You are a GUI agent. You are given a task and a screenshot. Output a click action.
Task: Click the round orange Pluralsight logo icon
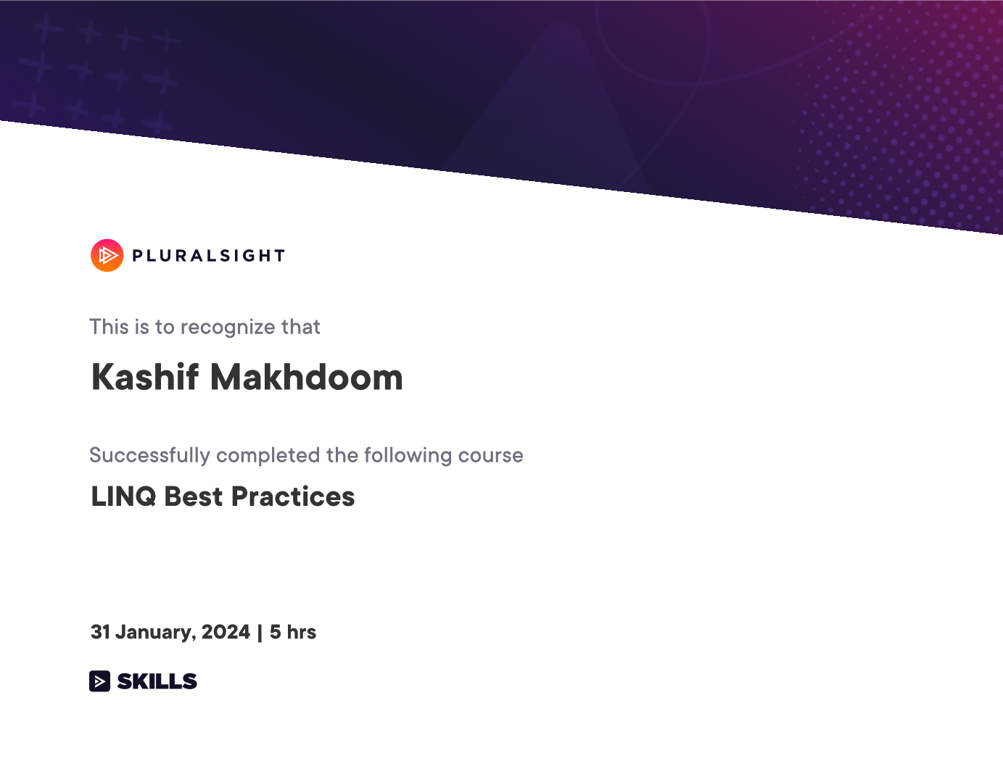coord(107,255)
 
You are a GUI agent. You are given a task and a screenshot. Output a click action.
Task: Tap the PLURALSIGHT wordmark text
coord(209,256)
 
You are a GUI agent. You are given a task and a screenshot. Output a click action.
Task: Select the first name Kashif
coord(145,377)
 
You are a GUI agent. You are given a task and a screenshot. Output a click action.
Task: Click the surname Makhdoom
coord(307,377)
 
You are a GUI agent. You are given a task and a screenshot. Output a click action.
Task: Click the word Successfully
coord(149,456)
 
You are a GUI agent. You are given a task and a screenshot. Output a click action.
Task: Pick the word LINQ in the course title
coord(123,496)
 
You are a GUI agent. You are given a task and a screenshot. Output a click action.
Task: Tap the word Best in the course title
coord(194,496)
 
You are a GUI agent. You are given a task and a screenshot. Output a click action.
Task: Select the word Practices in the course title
coord(293,496)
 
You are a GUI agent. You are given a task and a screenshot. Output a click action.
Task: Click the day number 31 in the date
coord(99,632)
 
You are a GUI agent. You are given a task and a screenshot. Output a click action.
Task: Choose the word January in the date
coord(156,633)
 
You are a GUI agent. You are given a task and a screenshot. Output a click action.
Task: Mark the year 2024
coord(226,632)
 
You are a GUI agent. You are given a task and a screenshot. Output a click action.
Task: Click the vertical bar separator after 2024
coord(260,633)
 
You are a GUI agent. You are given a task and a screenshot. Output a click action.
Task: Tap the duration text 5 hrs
coord(293,632)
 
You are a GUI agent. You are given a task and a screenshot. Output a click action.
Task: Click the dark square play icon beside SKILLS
coord(99,681)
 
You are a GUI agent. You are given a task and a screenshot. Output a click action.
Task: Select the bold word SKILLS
coord(157,681)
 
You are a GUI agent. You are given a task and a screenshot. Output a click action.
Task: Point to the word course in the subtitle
coord(491,456)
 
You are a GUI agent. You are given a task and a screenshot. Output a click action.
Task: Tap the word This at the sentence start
coord(109,327)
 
